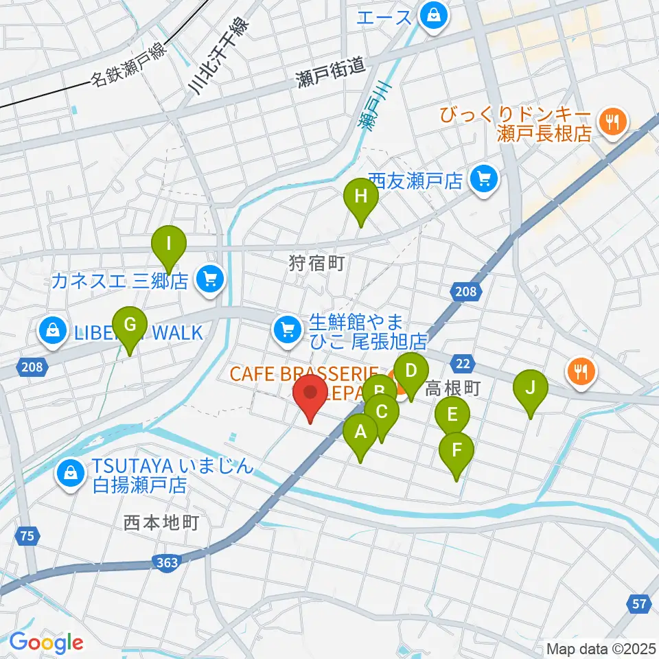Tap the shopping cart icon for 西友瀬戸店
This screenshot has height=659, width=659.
tap(485, 181)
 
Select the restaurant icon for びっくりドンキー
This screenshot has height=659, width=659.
tap(610, 123)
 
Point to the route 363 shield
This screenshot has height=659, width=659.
tap(167, 563)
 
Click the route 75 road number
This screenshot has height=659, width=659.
tap(26, 536)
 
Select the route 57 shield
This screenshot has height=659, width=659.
tap(639, 604)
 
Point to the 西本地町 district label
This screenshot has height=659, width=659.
tap(161, 523)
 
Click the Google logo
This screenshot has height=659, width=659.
tap(46, 643)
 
